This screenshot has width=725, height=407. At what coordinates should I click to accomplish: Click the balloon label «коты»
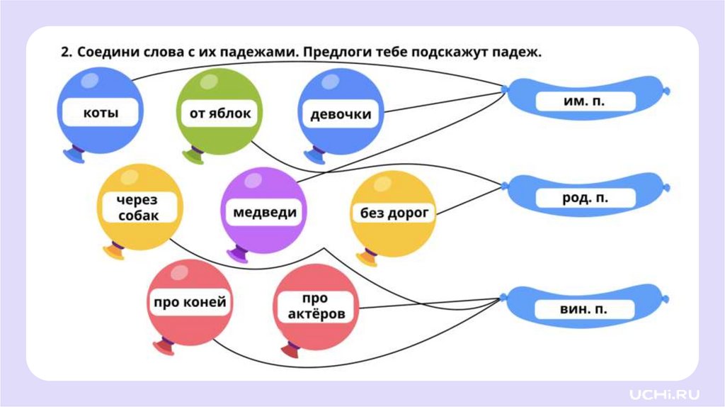(x=101, y=113)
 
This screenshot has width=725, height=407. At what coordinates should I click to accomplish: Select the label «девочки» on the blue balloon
(x=341, y=114)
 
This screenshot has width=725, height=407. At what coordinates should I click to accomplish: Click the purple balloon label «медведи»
(x=265, y=211)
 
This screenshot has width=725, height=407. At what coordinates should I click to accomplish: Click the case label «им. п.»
(x=585, y=101)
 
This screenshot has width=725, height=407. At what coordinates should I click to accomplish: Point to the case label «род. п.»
(x=585, y=199)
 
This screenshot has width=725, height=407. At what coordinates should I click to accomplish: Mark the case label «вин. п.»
(x=585, y=309)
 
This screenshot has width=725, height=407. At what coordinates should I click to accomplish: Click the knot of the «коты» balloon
(x=73, y=155)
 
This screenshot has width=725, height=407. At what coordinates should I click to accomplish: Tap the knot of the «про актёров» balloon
(x=289, y=350)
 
